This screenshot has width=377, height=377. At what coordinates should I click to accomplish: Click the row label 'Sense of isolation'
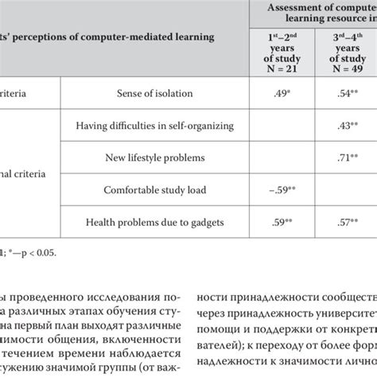(151, 93)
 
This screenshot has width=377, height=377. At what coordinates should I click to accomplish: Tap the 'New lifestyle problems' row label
(151, 157)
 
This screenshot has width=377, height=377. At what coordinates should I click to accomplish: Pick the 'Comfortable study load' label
(151, 189)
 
